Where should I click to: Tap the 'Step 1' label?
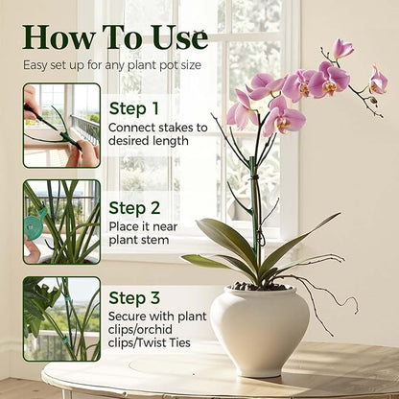coord(134,108)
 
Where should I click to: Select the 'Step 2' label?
coord(134,207)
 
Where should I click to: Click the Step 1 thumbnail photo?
coord(61,126)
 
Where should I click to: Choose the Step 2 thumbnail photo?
coord(61,222)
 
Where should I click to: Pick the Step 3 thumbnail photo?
coord(61,318)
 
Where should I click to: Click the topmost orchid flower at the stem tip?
coord(341,49)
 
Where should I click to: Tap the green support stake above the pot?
coord(255,192)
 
